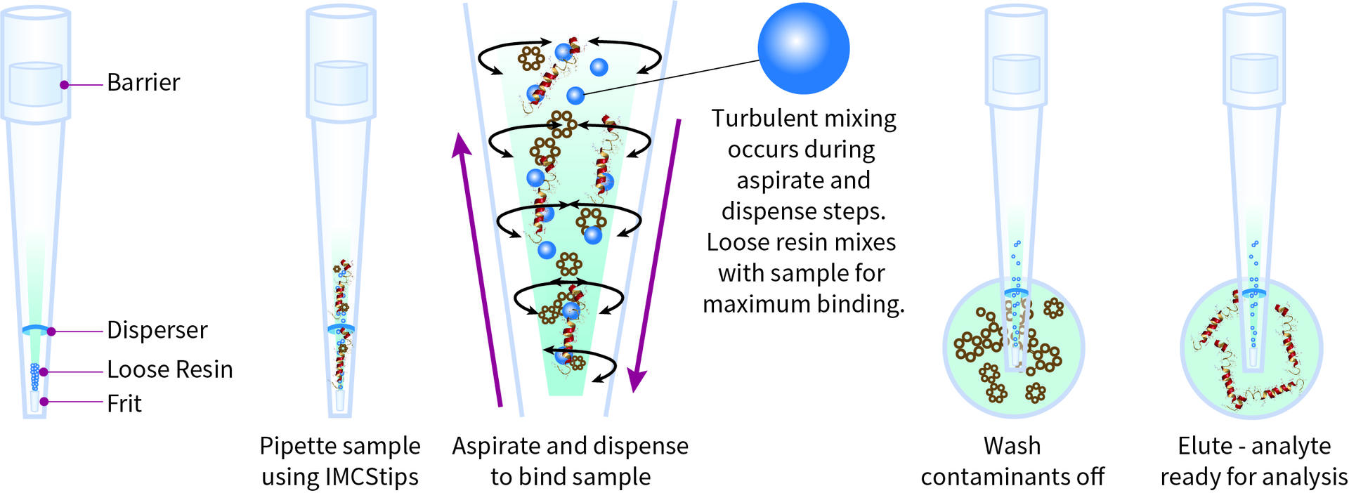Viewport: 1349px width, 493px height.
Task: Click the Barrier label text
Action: [143, 83]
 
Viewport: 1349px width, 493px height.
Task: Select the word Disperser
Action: [157, 330]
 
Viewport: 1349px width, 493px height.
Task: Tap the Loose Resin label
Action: [169, 369]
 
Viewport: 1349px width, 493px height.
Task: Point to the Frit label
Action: [124, 404]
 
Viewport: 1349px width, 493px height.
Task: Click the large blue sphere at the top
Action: [803, 48]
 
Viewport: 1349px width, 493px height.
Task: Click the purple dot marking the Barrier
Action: [64, 85]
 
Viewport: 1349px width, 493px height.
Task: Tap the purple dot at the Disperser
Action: [51, 331]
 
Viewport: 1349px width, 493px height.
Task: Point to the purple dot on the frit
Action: [44, 402]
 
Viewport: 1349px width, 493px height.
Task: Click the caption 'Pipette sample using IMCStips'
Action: [340, 461]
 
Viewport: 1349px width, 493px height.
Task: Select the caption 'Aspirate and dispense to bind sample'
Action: [570, 461]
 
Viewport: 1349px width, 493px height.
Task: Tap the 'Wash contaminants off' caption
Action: [1012, 461]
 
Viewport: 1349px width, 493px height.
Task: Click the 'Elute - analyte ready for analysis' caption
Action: [1253, 461]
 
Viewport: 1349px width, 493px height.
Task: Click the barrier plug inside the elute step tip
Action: [1254, 74]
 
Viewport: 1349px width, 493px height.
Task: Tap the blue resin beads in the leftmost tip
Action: [34, 376]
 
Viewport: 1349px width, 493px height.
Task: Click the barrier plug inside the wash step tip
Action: [1015, 74]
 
